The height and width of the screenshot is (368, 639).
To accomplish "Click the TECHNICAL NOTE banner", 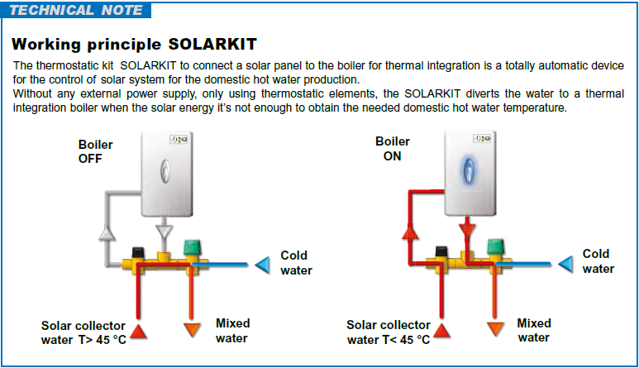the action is click(76, 10).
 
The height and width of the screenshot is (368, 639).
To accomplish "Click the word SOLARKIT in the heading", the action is click(212, 44).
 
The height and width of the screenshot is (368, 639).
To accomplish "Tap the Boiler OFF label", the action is click(95, 151).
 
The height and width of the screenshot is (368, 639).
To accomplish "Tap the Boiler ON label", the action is click(392, 149).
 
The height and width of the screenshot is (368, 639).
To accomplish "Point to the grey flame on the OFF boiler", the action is click(165, 170).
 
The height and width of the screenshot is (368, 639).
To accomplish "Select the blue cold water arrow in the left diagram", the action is click(262, 265).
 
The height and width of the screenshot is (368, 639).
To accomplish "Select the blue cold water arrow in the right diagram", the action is click(565, 264).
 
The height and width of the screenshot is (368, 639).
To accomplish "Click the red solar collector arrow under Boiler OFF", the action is click(139, 332).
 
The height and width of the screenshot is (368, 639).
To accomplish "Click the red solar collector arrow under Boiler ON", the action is click(441, 331).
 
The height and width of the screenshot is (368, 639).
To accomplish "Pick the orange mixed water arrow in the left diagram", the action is click(192, 330).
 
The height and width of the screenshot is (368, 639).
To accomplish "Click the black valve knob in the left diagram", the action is click(138, 252).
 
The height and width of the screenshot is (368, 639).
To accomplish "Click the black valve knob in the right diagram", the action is click(441, 251).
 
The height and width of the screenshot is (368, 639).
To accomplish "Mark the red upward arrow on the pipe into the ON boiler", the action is click(410, 232).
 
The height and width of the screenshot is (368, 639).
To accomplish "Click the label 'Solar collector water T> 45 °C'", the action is click(83, 332).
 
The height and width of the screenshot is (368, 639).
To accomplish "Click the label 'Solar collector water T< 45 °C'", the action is click(389, 332).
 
